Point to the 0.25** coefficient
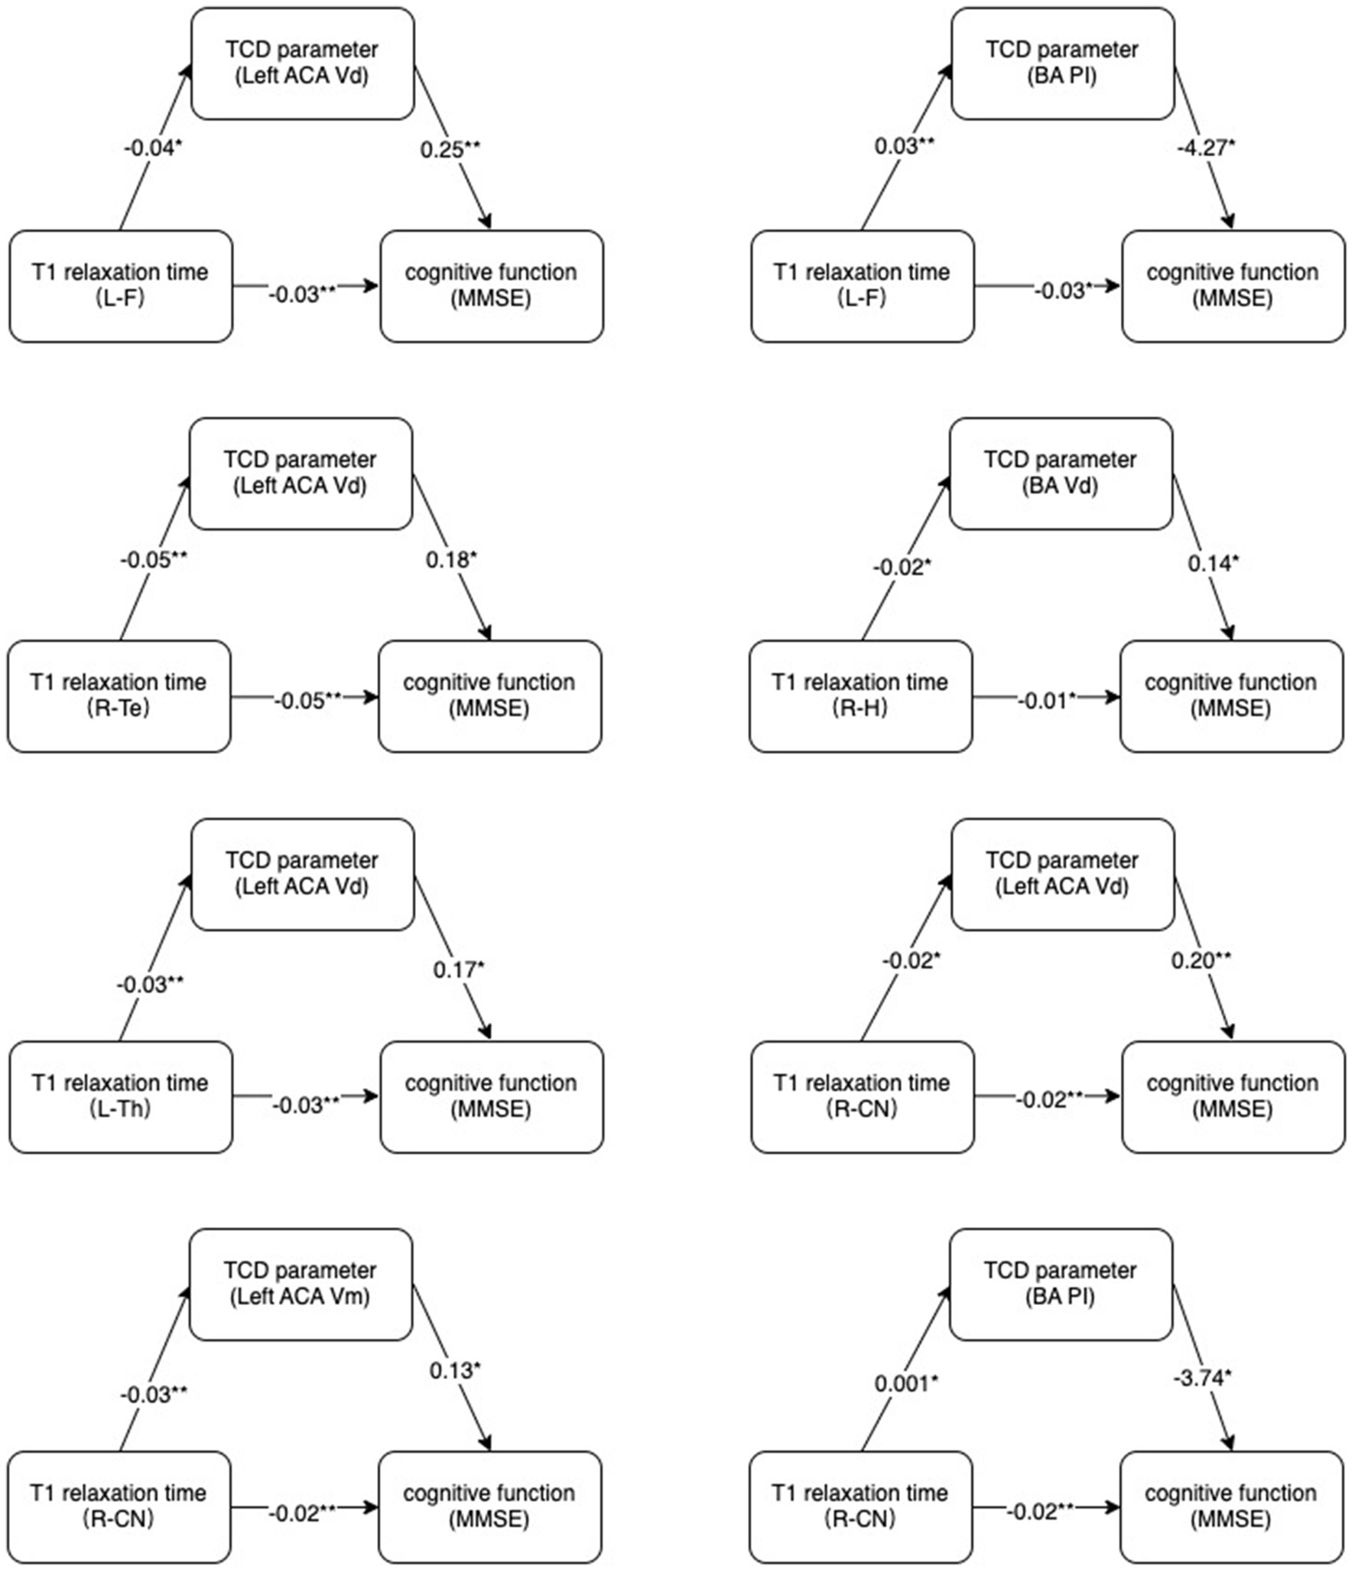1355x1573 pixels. pos(450,149)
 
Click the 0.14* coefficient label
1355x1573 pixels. pos(1212,563)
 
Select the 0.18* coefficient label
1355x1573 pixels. pos(450,559)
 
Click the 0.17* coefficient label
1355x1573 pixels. pos(458,969)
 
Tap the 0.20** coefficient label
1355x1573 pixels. pos(1201,959)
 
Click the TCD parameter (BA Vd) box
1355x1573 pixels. pos(1061,473)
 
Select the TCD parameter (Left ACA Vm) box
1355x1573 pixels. pos(301,1284)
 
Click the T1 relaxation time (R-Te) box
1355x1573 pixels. pos(119,695)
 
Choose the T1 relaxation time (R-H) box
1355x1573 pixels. pos(860,695)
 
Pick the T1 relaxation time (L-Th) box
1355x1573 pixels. pos(120,1096)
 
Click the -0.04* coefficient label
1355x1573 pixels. pos(153,148)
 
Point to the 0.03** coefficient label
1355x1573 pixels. pos(904,145)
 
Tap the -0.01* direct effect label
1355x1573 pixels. pos(1046,700)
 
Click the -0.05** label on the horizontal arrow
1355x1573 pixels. pos(307,700)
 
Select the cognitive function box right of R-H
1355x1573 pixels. pos(1231,695)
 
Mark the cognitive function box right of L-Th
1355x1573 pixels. pos(491,1096)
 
